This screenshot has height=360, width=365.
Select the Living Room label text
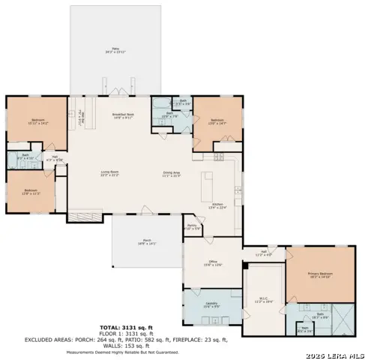pos(111,173)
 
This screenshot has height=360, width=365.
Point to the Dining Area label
pos(172,173)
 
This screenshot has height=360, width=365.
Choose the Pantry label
pos(192,226)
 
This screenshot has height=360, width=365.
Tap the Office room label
pos(214,262)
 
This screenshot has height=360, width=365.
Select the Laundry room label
pos(211,304)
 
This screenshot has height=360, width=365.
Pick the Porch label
pos(147,241)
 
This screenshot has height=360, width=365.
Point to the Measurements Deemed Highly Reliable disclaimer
pos(133,351)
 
